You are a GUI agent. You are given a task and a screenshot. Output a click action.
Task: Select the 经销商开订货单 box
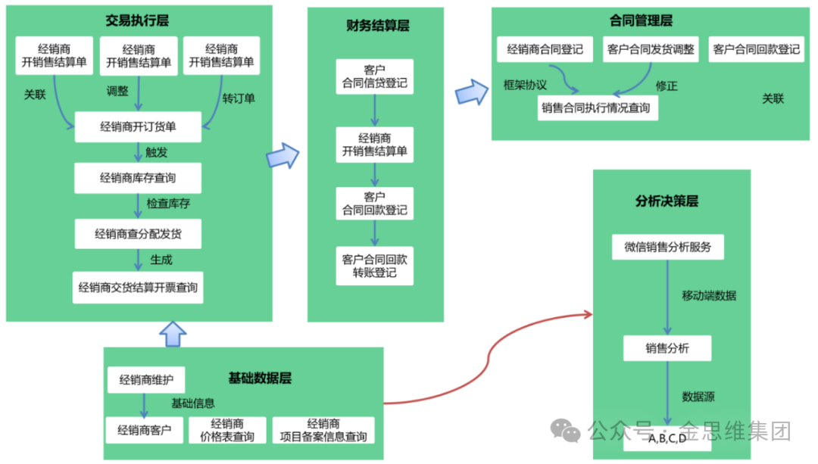tap(138, 126)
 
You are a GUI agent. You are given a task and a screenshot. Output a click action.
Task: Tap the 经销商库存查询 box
tap(138, 179)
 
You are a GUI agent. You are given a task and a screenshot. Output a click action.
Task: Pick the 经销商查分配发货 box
tap(138, 234)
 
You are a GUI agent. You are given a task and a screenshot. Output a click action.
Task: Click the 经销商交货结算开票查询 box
tap(138, 288)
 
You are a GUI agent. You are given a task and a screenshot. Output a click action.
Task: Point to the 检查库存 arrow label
tap(168, 204)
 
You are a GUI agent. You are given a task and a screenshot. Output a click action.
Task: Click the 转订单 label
tap(239, 98)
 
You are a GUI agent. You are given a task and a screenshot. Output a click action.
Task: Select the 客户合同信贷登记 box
tap(375, 77)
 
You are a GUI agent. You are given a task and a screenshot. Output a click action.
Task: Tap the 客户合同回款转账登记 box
tap(375, 266)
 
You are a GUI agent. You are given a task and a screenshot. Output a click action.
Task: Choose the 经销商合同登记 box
tap(545, 50)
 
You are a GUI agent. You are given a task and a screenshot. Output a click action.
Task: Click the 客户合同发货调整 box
tap(651, 50)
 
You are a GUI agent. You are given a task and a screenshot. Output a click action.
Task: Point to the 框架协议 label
tap(525, 84)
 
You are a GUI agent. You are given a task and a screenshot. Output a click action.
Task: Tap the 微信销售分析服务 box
tap(667, 247)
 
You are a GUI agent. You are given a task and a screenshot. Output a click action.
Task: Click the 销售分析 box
tap(667, 348)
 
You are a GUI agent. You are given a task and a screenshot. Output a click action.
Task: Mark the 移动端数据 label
tap(708, 295)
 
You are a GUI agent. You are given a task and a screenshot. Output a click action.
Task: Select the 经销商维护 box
tap(146, 379)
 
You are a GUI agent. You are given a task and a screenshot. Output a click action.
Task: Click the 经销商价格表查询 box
tap(227, 431)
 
